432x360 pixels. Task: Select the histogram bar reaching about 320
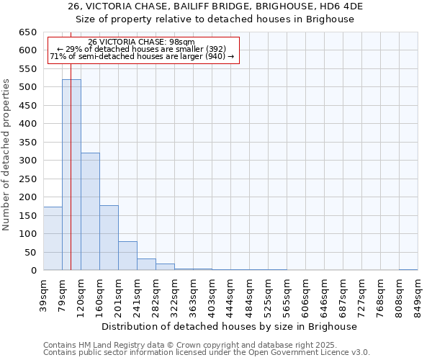pyautogui.click(x=90, y=212)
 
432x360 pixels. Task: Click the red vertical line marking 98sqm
pyautogui.click(x=71, y=144)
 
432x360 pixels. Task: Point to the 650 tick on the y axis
pyautogui.click(x=28, y=32)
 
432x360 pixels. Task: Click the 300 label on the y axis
pyautogui.click(x=28, y=161)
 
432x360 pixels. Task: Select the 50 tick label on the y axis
pyautogui.click(x=31, y=253)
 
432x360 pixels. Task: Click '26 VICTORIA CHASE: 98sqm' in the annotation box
pyautogui.click(x=141, y=42)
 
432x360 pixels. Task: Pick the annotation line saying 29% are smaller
pyautogui.click(x=141, y=49)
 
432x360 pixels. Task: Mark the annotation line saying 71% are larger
pyautogui.click(x=142, y=56)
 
